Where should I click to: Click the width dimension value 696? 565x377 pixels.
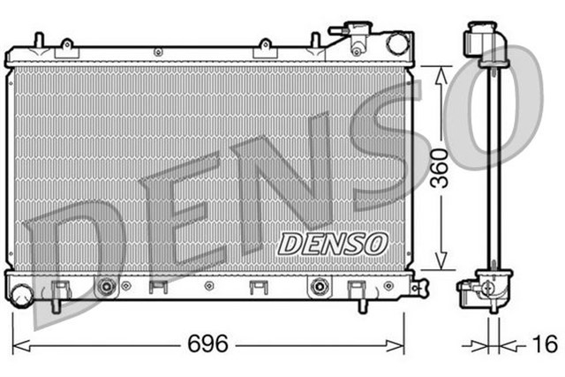coord(209,344)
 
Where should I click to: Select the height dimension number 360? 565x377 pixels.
coord(439,168)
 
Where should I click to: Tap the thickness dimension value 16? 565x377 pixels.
coord(545,344)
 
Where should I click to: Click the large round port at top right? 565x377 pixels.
coord(397,42)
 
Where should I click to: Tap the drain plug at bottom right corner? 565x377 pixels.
coord(419,287)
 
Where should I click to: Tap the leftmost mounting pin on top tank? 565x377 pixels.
coord(38,40)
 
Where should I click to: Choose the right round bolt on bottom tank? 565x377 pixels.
coord(319,286)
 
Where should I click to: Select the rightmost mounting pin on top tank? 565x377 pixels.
coord(315,40)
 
